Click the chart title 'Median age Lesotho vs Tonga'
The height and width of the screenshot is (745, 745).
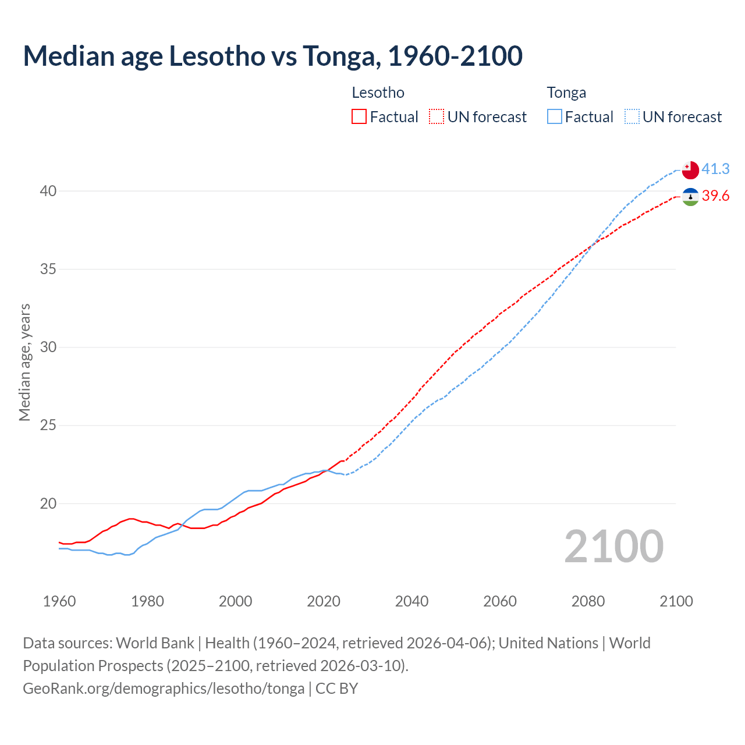click(x=272, y=56)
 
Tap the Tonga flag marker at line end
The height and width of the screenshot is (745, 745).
click(x=690, y=169)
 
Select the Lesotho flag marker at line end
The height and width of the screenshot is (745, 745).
click(x=690, y=197)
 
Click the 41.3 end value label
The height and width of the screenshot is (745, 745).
click(x=715, y=169)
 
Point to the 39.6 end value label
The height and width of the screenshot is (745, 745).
click(x=715, y=196)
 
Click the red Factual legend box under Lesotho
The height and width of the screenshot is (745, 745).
click(x=359, y=117)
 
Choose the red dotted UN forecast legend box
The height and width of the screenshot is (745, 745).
click(x=437, y=117)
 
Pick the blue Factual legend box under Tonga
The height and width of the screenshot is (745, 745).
click(x=555, y=117)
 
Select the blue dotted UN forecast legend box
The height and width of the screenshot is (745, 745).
click(x=632, y=117)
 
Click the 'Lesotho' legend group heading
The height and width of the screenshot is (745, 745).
click(x=378, y=93)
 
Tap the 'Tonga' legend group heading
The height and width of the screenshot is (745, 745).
click(x=566, y=93)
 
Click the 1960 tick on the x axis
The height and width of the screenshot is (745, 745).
click(x=59, y=601)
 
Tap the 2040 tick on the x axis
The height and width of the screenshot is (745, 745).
click(x=411, y=601)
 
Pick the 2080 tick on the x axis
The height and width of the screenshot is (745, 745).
click(x=588, y=601)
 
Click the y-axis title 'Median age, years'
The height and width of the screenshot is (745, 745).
click(x=24, y=362)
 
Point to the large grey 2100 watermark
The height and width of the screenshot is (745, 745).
click(x=613, y=547)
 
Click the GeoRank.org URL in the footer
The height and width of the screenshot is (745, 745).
click(x=164, y=689)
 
